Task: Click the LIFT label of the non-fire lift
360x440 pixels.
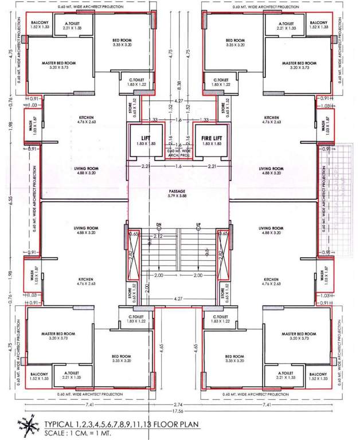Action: pos(146,137)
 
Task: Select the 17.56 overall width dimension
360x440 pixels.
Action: pos(179,411)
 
